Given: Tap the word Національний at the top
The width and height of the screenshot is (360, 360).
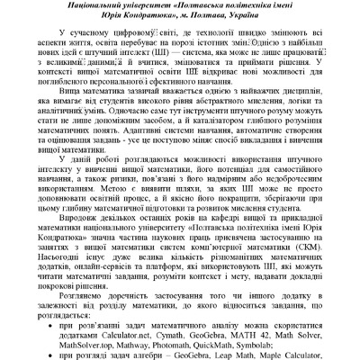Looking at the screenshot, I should coord(90,5).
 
